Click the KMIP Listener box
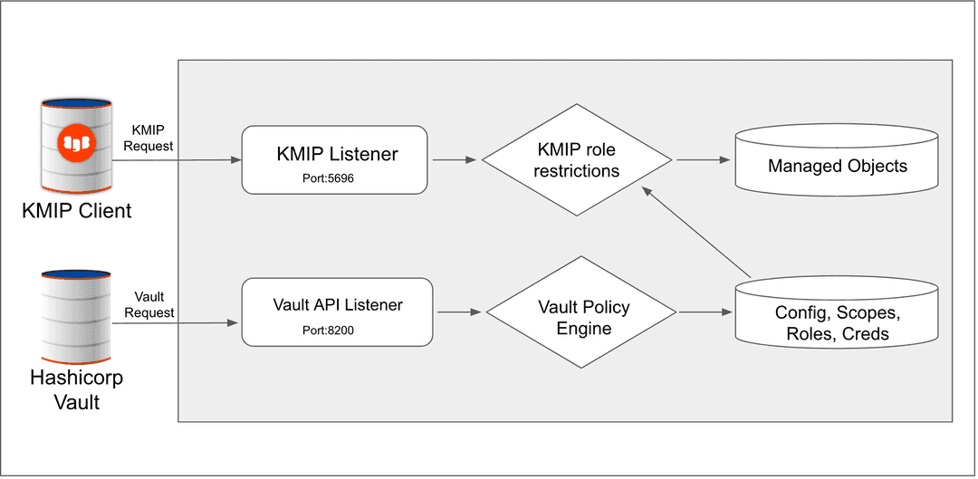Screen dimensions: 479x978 click(x=335, y=159)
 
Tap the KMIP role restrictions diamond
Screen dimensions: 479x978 click(x=578, y=159)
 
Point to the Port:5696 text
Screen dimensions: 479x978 click(x=328, y=178)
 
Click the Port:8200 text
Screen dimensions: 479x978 click(x=328, y=331)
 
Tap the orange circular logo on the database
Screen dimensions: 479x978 click(x=75, y=142)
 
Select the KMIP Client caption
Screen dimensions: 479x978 click(x=77, y=211)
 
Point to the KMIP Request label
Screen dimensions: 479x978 click(x=152, y=138)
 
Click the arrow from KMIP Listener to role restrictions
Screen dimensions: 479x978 click(x=455, y=160)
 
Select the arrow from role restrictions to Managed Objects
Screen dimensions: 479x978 click(x=703, y=160)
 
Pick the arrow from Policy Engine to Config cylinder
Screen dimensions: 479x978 click(x=705, y=313)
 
